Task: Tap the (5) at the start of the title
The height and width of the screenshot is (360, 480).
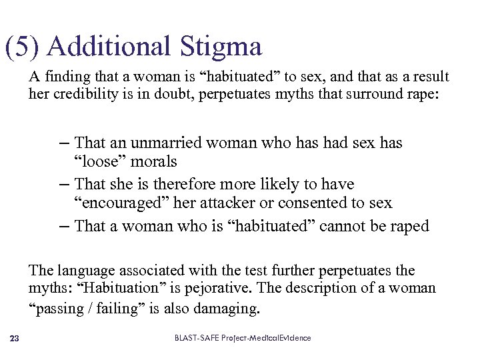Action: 23,47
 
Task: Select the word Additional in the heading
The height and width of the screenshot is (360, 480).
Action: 111,47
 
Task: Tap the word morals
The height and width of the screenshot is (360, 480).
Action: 153,161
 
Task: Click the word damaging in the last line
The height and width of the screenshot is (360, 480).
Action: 227,309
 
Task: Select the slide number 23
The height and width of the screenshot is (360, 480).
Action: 15,339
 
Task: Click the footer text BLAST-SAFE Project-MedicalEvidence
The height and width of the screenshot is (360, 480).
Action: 243,339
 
